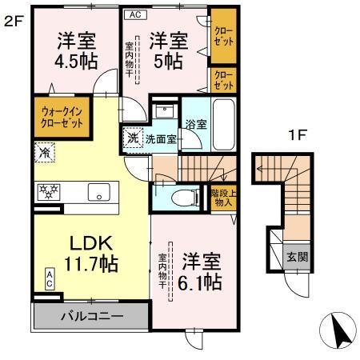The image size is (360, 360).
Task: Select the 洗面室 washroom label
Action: (x=160, y=138)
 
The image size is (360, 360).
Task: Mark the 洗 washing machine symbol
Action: (x=133, y=137)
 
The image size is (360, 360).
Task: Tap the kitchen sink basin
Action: (x=99, y=192)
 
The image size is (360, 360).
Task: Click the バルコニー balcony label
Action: (x=93, y=317)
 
